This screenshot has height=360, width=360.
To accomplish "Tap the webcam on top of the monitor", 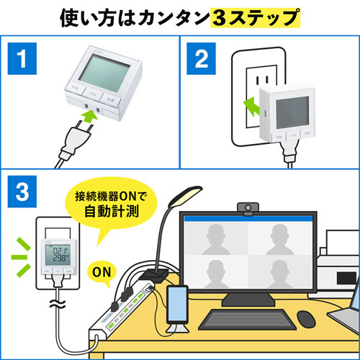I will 247,209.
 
